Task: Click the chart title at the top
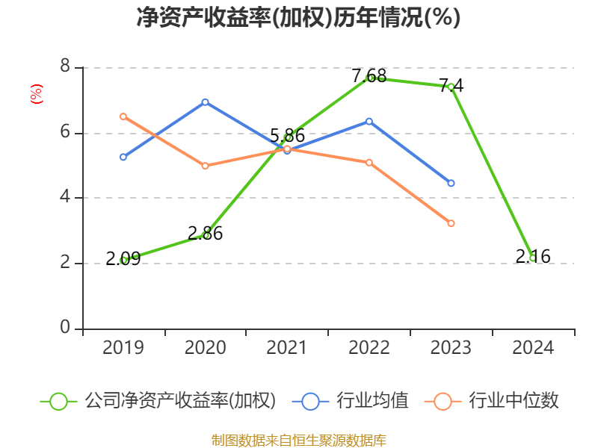coord(298,17)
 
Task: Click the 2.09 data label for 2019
coord(123,259)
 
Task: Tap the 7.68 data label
coord(369,75)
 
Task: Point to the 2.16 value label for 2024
coord(533,257)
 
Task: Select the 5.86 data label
coord(287,136)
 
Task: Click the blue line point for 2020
coord(205,102)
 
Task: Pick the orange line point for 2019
coord(123,116)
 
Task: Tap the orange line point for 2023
coord(451,223)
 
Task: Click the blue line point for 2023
coord(451,183)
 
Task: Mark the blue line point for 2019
coord(123,157)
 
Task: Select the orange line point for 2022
coord(369,162)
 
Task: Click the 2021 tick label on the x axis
coord(287,348)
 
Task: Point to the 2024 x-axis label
coord(533,348)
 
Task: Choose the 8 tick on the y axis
coord(65,68)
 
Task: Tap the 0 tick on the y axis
coord(65,329)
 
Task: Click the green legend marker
coord(58,401)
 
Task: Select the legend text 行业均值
coord(372,401)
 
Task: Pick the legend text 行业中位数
coord(514,401)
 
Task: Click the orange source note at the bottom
coord(298,440)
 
